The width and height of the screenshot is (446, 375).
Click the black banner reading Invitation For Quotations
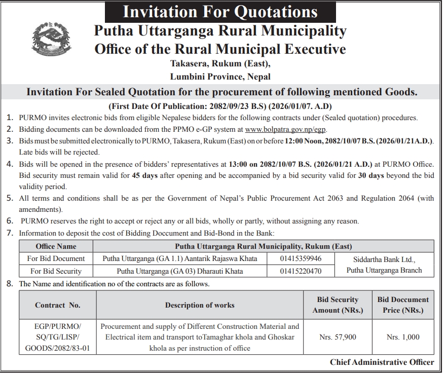coord(220,11)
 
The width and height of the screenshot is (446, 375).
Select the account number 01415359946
coord(301,258)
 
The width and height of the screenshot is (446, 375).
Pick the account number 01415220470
coord(301,271)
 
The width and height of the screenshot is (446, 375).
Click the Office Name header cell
coord(56,246)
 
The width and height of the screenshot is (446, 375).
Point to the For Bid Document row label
coord(56,258)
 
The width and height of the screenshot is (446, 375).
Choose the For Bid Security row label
coord(56,271)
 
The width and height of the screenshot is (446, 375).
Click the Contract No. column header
coord(58,305)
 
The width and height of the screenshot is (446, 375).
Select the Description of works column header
coord(200,305)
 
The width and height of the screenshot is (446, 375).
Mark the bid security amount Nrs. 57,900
coord(338,336)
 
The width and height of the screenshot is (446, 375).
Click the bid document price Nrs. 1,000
coord(403,336)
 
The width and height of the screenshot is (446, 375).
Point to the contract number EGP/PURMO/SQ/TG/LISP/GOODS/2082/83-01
coord(58,337)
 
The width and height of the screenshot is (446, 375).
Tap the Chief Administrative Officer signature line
coord(382,362)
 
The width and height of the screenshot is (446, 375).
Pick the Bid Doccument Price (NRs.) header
coord(403,305)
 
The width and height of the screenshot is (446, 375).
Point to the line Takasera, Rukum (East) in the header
coord(220,64)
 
